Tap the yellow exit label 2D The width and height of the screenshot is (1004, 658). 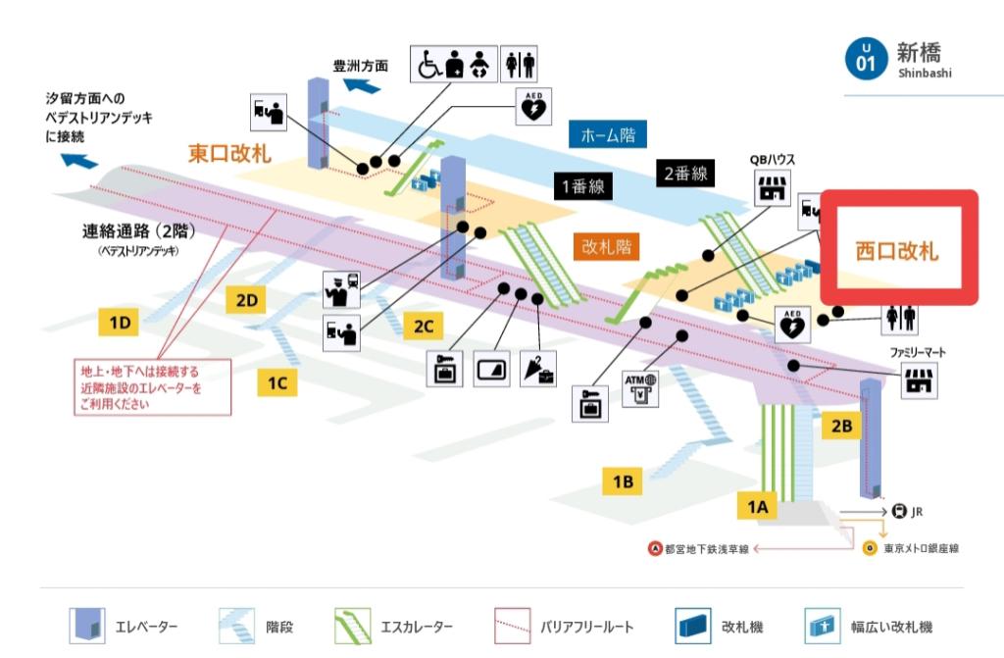tap(246, 300)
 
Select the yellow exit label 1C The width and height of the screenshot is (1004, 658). tap(277, 382)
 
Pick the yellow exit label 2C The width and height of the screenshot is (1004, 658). tap(423, 326)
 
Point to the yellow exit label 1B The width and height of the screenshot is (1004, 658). tap(622, 481)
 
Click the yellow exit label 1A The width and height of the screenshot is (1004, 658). tap(756, 506)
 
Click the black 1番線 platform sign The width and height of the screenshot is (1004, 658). tap(582, 186)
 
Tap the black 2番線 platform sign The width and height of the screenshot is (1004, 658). tap(684, 174)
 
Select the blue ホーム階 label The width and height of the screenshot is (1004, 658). tap(608, 134)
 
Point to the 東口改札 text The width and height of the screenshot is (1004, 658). tap(229, 153)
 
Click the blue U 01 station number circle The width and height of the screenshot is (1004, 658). tap(864, 58)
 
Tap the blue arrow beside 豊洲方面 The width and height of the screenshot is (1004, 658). tap(362, 86)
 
